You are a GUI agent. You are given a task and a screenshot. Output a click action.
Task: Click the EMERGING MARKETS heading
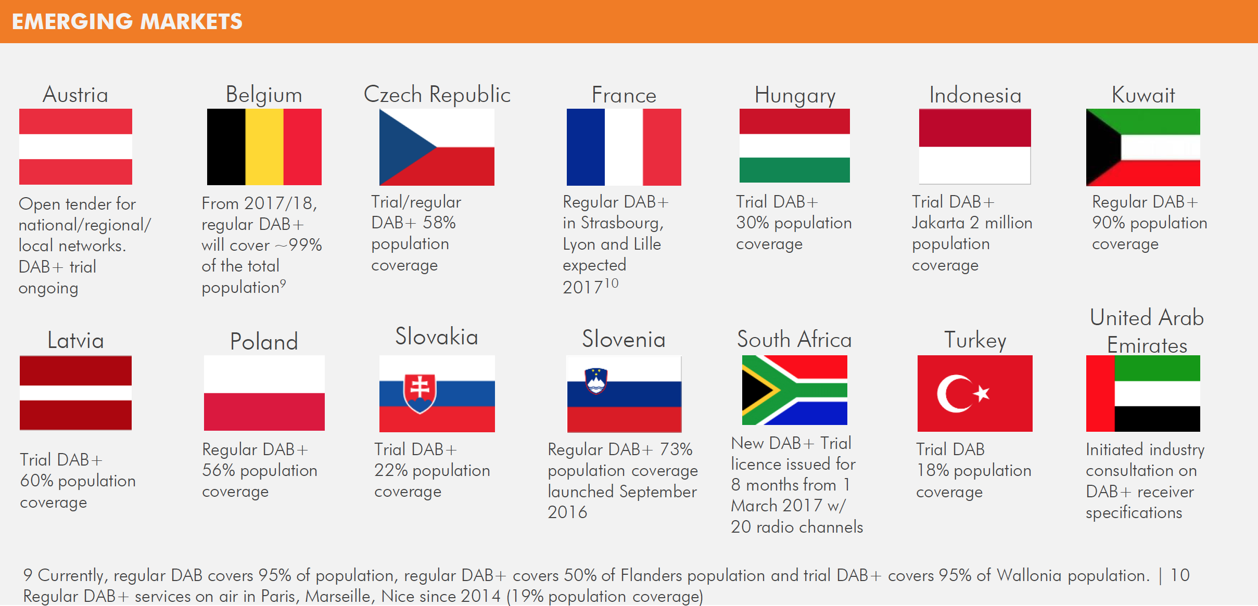click(x=127, y=21)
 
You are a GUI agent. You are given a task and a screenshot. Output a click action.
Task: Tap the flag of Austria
click(x=75, y=147)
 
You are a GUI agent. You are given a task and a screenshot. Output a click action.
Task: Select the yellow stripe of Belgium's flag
click(x=264, y=147)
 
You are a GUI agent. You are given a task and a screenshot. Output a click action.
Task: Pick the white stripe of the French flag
click(x=624, y=147)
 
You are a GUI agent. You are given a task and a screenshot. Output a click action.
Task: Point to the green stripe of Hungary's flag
click(x=794, y=170)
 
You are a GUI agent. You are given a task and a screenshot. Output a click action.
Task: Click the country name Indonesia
click(x=975, y=95)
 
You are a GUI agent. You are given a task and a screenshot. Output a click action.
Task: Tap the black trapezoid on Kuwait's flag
click(x=1101, y=147)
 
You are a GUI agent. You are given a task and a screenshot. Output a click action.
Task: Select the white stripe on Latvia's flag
click(x=75, y=393)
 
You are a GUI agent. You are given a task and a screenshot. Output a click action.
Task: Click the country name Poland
click(x=264, y=342)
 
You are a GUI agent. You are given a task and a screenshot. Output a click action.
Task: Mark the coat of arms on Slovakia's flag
click(x=420, y=393)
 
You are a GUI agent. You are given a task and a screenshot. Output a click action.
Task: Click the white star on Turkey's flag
click(x=982, y=393)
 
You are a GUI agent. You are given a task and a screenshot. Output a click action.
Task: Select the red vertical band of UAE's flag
click(x=1100, y=393)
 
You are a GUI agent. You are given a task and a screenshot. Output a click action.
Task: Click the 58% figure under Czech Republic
click(x=439, y=223)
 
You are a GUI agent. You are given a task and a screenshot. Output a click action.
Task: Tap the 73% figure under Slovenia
click(x=676, y=449)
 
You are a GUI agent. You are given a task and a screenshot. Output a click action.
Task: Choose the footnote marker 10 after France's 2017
click(x=611, y=283)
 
